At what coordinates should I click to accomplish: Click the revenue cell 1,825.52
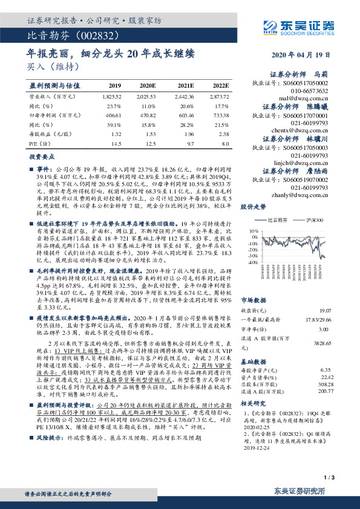point(112,97)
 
